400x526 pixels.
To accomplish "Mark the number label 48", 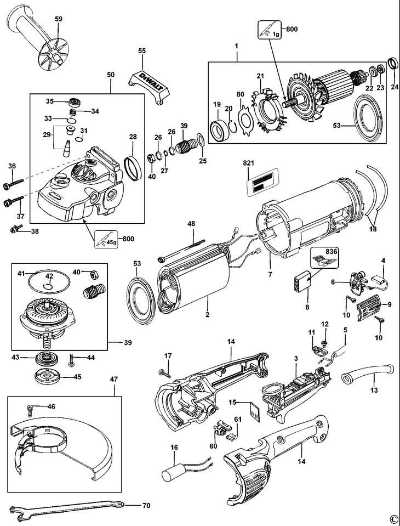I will tap(191, 224).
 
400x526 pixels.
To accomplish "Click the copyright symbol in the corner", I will tap(392, 518).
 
